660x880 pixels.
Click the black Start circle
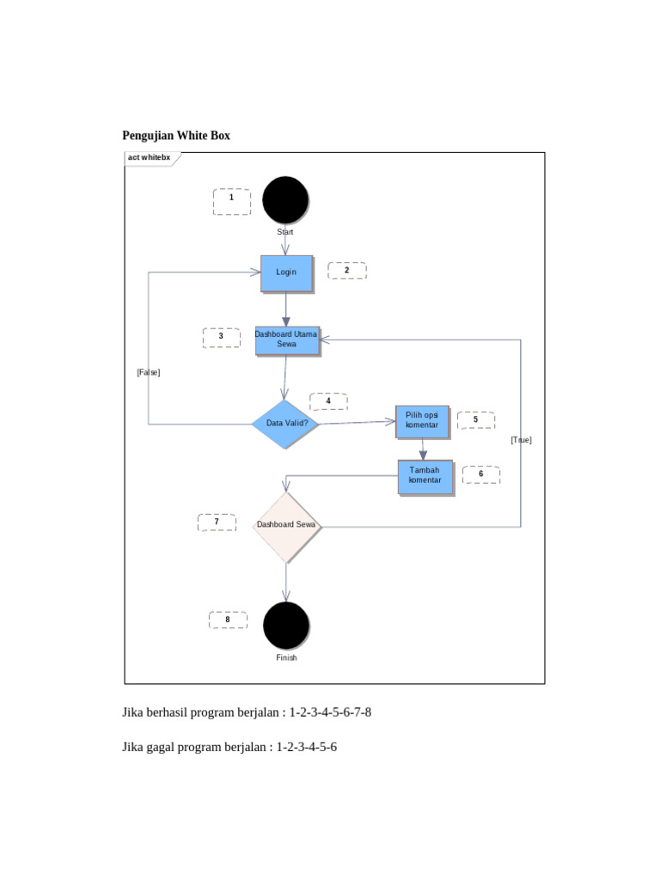tap(286, 199)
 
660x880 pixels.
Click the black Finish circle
tap(286, 625)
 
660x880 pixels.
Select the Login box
tap(286, 272)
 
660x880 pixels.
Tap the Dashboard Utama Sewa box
tap(287, 339)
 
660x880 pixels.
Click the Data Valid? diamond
tap(286, 423)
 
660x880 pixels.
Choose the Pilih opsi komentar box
tap(422, 421)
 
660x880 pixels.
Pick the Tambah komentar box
tap(425, 476)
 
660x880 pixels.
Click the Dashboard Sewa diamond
tap(287, 526)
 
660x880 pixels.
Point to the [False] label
tap(149, 373)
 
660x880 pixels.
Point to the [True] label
tap(521, 440)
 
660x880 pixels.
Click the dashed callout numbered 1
tap(232, 201)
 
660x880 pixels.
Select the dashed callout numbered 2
tap(347, 271)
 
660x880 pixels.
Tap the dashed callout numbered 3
tap(222, 337)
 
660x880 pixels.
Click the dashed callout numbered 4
tap(328, 401)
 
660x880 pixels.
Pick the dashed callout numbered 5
tap(475, 419)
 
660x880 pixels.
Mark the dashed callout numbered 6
tap(481, 474)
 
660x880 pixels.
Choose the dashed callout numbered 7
tap(217, 522)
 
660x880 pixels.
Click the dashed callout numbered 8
tap(228, 620)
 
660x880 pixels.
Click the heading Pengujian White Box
tap(176, 136)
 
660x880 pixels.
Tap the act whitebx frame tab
tap(150, 158)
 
